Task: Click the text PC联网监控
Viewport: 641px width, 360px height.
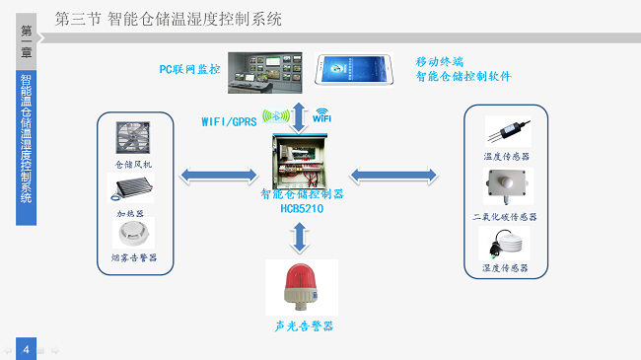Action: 189,70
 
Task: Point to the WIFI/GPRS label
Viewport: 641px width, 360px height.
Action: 229,123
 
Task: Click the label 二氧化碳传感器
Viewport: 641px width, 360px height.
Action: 505,216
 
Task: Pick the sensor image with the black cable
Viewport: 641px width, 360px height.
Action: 506,132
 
